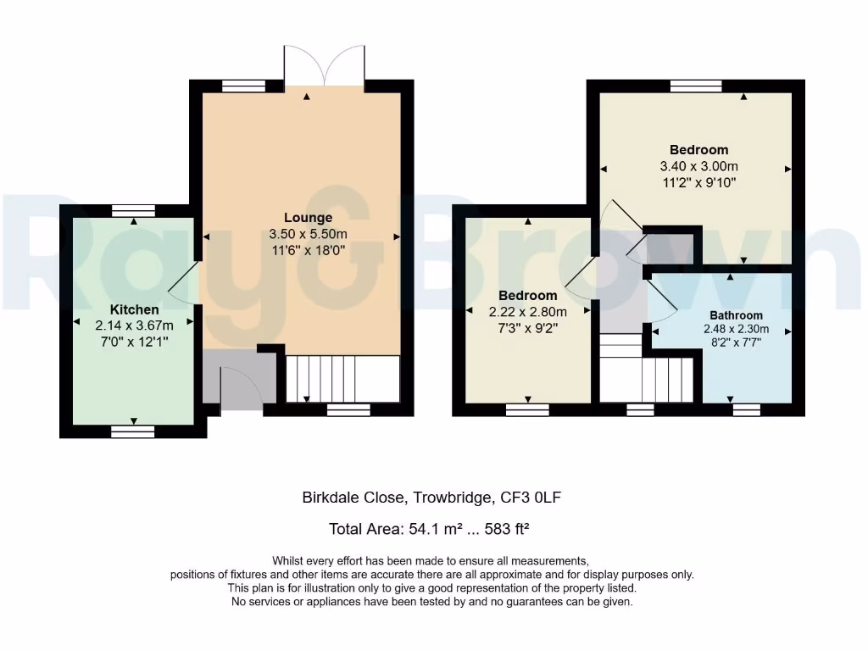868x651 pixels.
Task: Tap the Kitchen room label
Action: [x=134, y=309]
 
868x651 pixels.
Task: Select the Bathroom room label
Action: [x=736, y=315]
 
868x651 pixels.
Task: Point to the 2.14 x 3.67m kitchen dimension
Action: [x=134, y=325]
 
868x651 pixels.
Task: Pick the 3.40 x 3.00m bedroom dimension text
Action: [x=698, y=166]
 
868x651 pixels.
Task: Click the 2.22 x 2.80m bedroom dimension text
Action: [x=527, y=311]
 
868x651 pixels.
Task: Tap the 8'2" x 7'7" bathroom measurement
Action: [x=736, y=343]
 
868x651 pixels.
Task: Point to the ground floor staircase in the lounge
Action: [x=342, y=378]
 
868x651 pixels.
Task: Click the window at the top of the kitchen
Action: [x=134, y=210]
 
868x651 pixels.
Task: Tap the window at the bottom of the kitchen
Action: [x=134, y=431]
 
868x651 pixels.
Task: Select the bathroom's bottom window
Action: [x=747, y=409]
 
